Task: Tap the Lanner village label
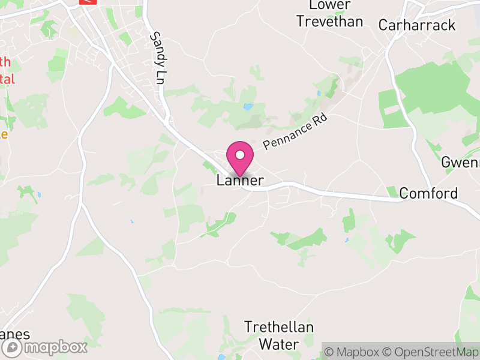(x=240, y=181)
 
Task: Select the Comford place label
(x=428, y=193)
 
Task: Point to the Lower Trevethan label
(x=329, y=13)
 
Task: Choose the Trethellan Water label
(x=279, y=335)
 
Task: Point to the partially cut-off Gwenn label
(x=460, y=163)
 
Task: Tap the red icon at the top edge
(x=88, y=2)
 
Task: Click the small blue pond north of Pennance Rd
(x=248, y=107)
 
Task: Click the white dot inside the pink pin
(x=240, y=155)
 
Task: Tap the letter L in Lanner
(x=221, y=181)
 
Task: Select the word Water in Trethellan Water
(x=279, y=344)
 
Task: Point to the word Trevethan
(x=329, y=22)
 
